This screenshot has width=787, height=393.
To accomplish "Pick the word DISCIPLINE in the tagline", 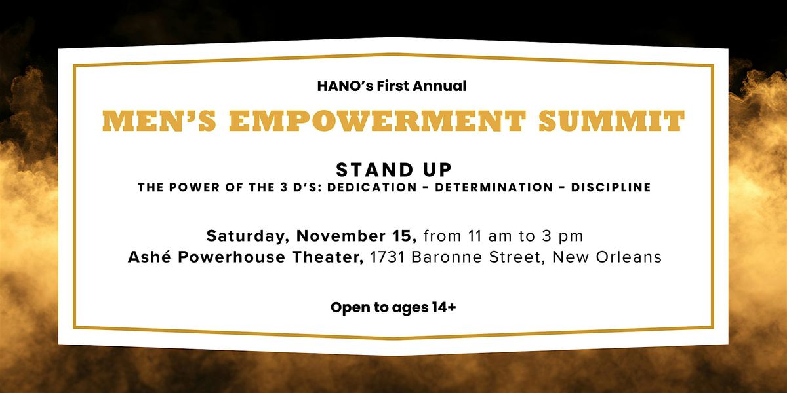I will (611, 187).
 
